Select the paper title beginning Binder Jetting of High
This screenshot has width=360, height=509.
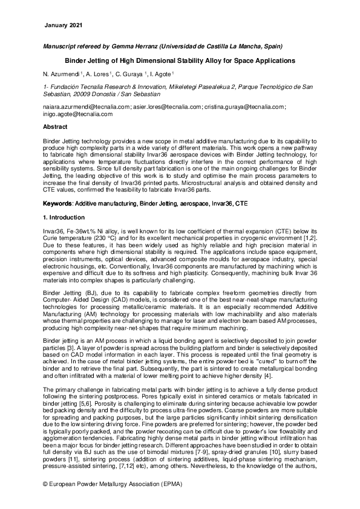tap(180, 60)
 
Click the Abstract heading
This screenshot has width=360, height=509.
tap(55, 128)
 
